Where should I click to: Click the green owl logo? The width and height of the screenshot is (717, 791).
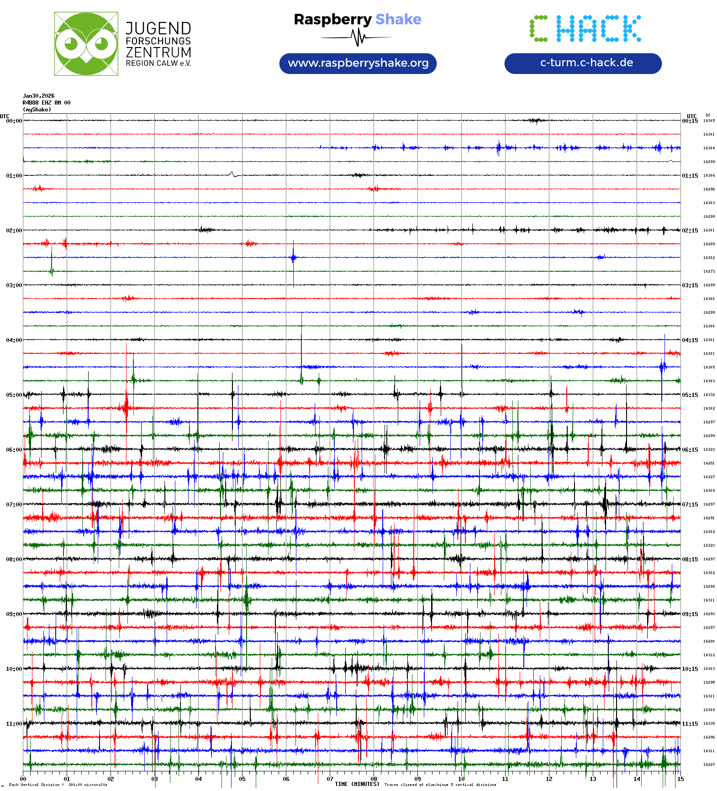click(86, 44)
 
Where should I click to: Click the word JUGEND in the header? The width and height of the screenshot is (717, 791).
click(158, 29)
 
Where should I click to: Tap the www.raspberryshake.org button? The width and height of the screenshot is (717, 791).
click(358, 63)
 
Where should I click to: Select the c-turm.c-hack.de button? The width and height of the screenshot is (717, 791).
click(583, 63)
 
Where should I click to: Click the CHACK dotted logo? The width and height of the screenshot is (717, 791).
click(585, 29)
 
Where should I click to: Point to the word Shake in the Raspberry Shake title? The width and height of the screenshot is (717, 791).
click(398, 19)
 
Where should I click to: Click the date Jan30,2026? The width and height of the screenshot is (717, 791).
click(39, 96)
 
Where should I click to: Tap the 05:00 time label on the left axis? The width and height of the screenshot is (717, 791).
click(14, 395)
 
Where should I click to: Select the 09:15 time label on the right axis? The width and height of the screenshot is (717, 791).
click(690, 614)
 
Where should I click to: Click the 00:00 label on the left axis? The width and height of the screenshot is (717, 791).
click(14, 121)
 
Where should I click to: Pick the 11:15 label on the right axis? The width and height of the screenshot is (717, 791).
click(690, 724)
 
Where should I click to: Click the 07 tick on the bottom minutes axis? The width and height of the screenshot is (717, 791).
click(330, 779)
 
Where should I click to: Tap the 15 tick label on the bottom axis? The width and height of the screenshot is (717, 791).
click(680, 779)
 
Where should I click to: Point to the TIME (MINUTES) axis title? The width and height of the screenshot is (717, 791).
click(357, 784)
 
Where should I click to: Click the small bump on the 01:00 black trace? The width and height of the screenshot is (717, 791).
click(232, 174)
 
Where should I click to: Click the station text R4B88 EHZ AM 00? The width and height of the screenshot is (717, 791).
click(47, 103)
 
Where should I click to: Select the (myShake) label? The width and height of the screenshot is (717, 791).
click(37, 110)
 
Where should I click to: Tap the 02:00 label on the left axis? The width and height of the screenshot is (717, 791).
click(14, 231)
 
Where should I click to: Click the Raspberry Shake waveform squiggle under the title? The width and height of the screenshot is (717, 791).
click(358, 37)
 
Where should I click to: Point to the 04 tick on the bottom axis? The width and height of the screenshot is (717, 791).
click(198, 779)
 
